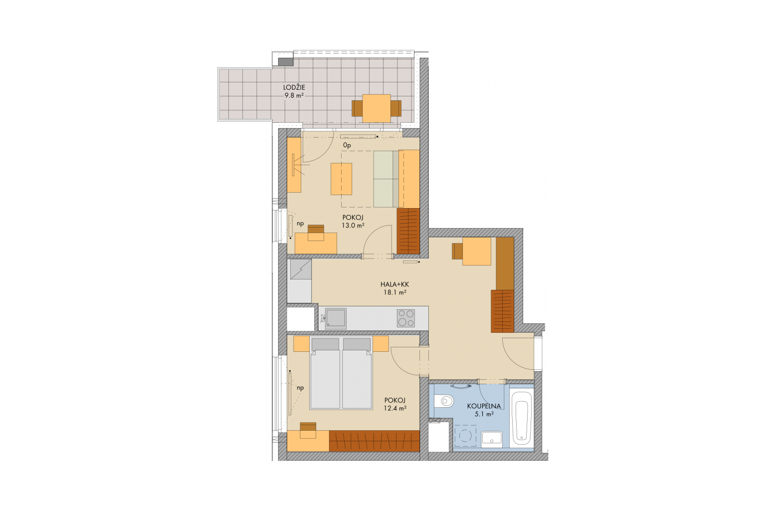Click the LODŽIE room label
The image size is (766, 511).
(x=294, y=88)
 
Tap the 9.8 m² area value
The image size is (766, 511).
(x=294, y=96)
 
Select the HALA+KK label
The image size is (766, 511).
(x=394, y=284)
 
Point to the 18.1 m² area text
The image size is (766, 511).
(x=395, y=292)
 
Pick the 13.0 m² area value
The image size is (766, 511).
(x=353, y=225)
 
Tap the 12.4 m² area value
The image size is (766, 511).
(x=395, y=408)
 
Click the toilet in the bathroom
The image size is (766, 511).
(x=444, y=400)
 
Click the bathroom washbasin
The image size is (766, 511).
(x=492, y=439)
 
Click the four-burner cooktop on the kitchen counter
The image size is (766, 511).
(x=406, y=318)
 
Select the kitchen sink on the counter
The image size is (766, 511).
(x=336, y=319)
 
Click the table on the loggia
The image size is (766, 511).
(x=377, y=108)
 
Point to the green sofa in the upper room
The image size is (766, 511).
(x=386, y=179)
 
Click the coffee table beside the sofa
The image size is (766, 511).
(x=341, y=179)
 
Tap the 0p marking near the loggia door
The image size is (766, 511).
(x=347, y=145)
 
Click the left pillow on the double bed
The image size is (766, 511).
(x=325, y=344)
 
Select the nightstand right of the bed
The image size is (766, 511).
(x=381, y=344)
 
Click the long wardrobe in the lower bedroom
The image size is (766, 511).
(x=375, y=441)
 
